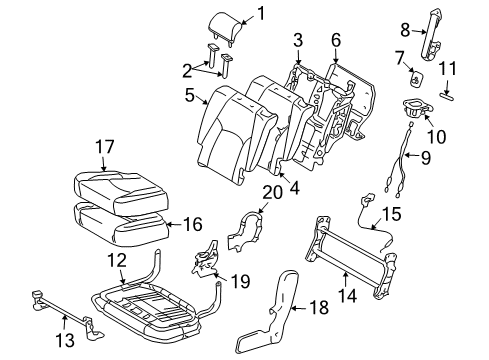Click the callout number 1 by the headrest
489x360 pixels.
[x=261, y=13]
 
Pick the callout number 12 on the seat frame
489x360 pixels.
[x=119, y=260]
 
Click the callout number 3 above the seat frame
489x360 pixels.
[x=297, y=39]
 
